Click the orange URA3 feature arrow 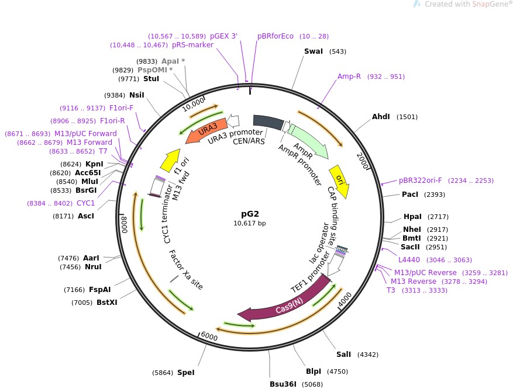click(206, 130)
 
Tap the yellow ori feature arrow click(340, 180)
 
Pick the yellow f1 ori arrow click(171, 160)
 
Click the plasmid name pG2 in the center click(250, 214)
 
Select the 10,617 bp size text click(250, 223)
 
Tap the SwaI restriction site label click(314, 51)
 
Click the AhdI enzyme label click(381, 117)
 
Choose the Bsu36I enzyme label click(283, 384)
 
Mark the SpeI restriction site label click(186, 372)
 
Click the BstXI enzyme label click(107, 303)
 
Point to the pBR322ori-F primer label click(420, 180)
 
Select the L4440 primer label click(409, 260)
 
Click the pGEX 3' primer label click(224, 36)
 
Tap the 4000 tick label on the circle click(345, 300)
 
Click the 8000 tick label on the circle click(125, 224)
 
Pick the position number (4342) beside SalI click(368, 355)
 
